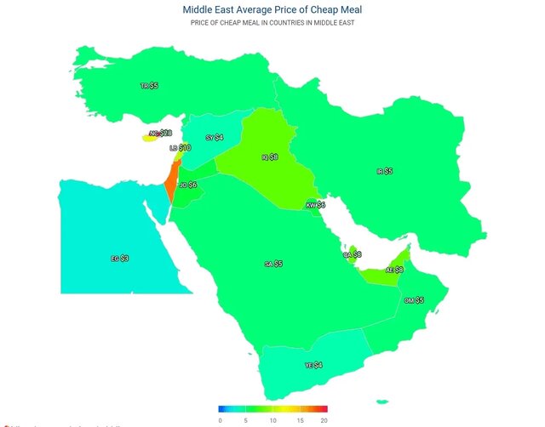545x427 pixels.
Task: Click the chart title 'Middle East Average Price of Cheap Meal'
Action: [272, 9]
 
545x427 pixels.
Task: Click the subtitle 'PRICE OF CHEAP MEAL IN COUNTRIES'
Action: [272, 23]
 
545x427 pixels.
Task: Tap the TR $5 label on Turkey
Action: [149, 86]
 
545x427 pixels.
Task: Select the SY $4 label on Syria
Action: [215, 137]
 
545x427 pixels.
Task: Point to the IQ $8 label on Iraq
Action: [269, 157]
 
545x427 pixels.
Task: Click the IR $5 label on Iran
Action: [384, 171]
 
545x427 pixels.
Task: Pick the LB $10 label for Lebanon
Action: [180, 148]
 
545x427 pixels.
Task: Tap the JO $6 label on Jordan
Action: [188, 185]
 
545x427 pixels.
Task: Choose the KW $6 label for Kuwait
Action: [316, 205]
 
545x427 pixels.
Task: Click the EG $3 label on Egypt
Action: [120, 258]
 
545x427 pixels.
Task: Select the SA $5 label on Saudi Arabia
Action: [273, 265]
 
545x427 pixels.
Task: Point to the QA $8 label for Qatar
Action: [352, 254]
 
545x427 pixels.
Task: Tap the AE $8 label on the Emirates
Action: [394, 270]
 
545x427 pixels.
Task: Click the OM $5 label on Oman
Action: [414, 300]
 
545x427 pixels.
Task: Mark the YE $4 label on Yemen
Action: [313, 365]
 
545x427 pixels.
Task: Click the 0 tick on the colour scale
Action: [220, 420]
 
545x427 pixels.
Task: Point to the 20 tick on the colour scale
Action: [324, 420]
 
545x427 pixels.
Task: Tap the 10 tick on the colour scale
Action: [272, 420]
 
